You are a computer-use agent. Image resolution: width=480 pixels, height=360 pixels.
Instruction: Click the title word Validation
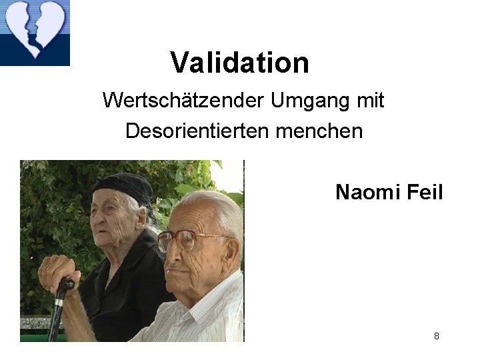(239, 63)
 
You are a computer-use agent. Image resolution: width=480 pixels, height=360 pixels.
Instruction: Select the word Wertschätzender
(183, 101)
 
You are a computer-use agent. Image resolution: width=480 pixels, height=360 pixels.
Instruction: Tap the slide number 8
(436, 336)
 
